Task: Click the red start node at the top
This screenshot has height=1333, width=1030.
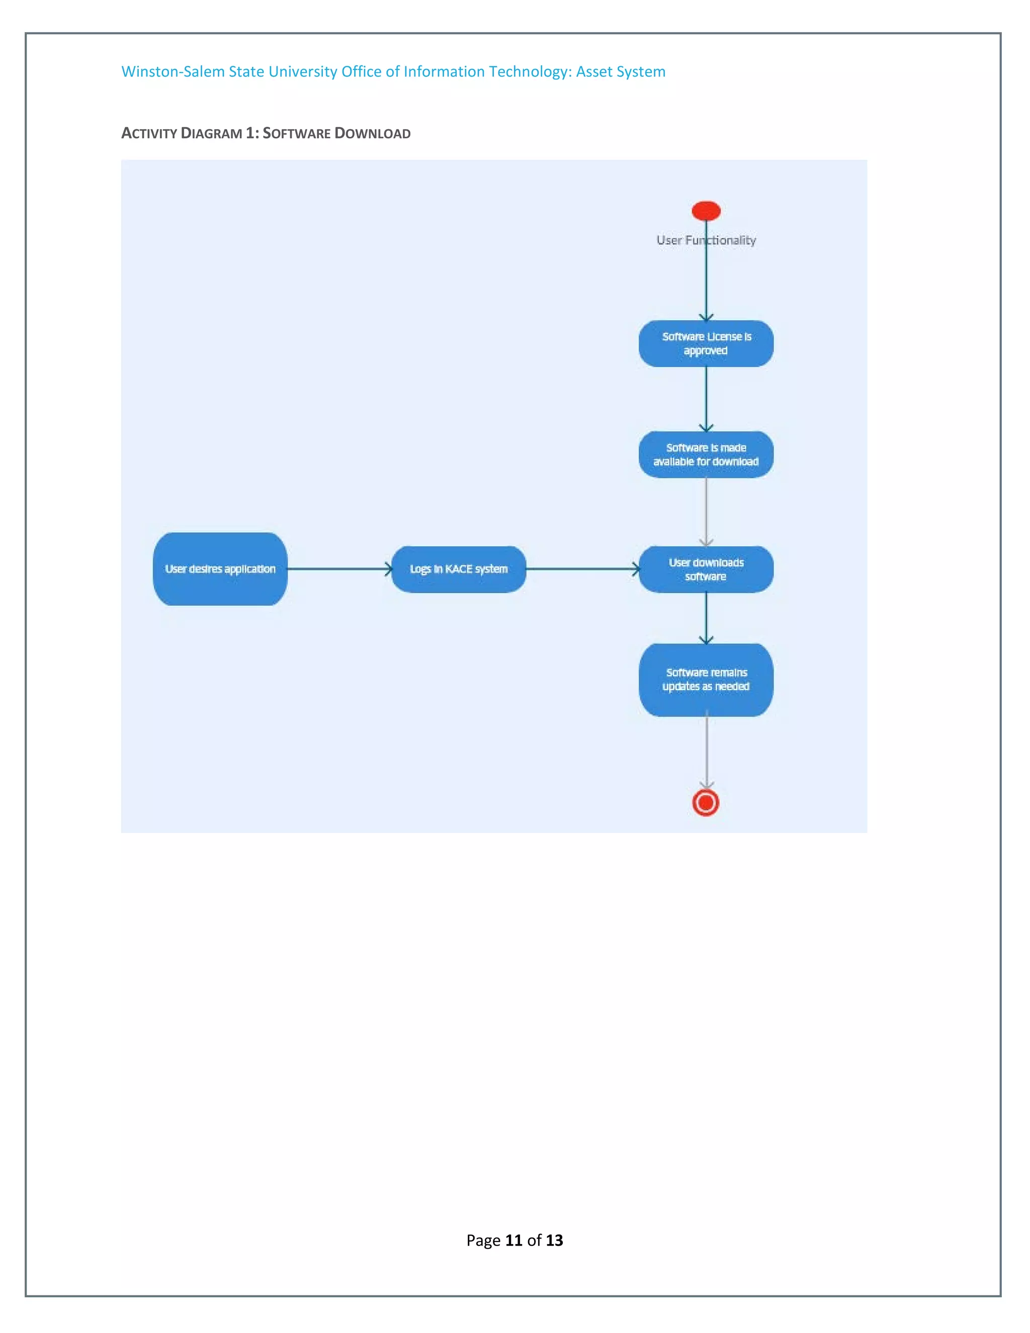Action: coord(706,211)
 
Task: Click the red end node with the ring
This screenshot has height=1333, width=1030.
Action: coord(706,803)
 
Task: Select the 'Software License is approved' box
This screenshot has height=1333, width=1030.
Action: coord(706,344)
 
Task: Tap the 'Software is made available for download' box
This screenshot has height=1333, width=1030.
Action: coord(706,455)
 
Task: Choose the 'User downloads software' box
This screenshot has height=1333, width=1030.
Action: coord(706,569)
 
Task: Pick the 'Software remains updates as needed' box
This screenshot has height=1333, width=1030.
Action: coord(706,679)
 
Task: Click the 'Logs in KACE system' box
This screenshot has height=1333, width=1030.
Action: coord(458,569)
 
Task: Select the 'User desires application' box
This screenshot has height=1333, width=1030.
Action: coord(220,569)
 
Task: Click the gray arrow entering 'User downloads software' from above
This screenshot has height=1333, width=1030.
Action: coord(706,512)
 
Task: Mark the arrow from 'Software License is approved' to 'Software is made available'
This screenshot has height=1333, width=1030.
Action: coord(706,398)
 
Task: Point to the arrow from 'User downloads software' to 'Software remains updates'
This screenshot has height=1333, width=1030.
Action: coord(706,618)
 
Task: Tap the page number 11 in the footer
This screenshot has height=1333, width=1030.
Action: coord(514,1240)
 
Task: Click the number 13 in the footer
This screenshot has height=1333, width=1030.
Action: coord(554,1240)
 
